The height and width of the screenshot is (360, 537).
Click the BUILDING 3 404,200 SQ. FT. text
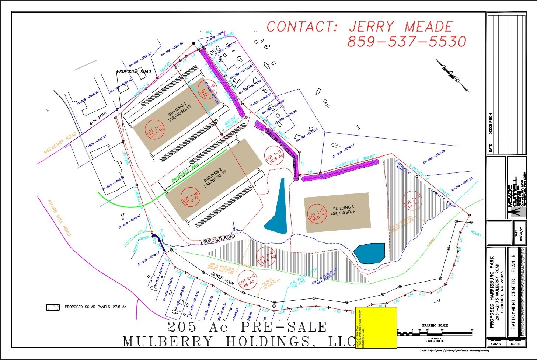344,210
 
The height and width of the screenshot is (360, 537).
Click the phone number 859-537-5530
407,41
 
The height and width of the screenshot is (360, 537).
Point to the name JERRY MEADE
401,27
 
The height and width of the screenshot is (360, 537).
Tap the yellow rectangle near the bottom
376,327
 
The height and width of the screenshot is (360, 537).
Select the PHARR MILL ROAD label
59,217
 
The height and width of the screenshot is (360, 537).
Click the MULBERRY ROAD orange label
60,143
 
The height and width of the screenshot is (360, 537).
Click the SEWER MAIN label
222,278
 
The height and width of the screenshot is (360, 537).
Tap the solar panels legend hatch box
53,307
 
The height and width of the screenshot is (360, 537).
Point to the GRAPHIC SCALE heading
435,325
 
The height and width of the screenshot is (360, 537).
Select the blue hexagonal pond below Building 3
369,253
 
